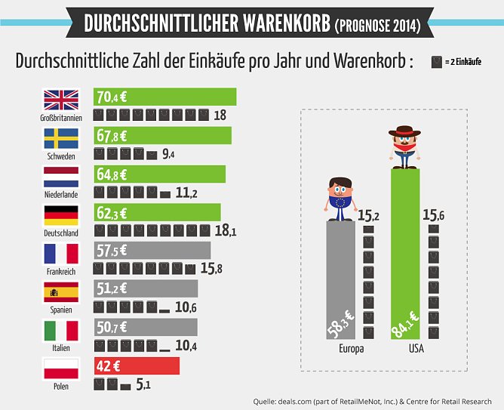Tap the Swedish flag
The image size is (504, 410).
pyautogui.click(x=61, y=138)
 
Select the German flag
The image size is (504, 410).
pyautogui.click(x=61, y=215)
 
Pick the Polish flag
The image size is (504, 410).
pyautogui.click(x=61, y=369)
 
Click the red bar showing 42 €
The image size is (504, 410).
pyautogui.click(x=136, y=365)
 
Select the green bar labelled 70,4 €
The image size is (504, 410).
pyautogui.click(x=164, y=96)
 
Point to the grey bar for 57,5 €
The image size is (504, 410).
pyautogui.click(x=152, y=250)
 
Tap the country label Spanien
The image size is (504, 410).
pyautogui.click(x=61, y=310)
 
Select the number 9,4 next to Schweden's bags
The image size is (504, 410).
pyautogui.click(x=168, y=155)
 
